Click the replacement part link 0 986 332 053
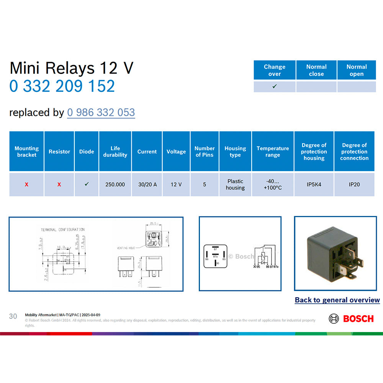click(x=101, y=113)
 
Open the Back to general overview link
click(x=337, y=300)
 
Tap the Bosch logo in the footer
click(x=351, y=319)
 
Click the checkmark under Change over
click(x=274, y=87)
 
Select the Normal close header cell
click(x=316, y=70)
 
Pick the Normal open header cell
click(x=357, y=70)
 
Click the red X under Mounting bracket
click(x=26, y=185)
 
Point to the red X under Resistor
click(x=59, y=185)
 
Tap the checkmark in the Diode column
click(x=87, y=184)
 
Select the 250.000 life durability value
click(x=115, y=184)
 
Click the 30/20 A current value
click(x=147, y=184)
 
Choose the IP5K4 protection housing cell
click(x=314, y=184)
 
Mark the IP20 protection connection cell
click(x=354, y=184)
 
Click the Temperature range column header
click(x=273, y=151)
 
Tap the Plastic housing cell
click(x=235, y=184)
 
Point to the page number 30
click(x=13, y=316)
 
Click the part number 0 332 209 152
click(x=62, y=86)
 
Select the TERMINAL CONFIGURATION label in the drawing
click(x=63, y=230)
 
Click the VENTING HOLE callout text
click(x=126, y=248)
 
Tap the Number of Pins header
click(x=205, y=151)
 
